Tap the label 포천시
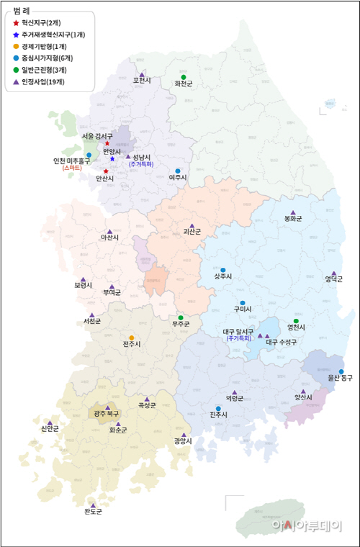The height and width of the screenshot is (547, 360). tap(142, 81)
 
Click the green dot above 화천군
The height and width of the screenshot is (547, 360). tap(184, 77)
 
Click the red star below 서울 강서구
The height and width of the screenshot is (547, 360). tap(107, 143)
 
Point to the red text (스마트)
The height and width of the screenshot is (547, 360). tap(72, 167)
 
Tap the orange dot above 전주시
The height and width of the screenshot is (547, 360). tap(131, 338)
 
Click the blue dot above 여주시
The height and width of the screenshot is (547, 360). tap(178, 171)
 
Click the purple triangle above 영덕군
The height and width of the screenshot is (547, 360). tap(333, 273)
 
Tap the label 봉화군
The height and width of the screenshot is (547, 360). tap(293, 218)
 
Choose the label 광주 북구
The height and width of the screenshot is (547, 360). tap(107, 414)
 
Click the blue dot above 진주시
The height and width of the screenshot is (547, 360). tap(218, 409)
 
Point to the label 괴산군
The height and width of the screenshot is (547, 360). tap(192, 232)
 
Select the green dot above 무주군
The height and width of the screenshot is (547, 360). tap(181, 317)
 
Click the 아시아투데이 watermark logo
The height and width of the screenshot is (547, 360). tap(306, 525)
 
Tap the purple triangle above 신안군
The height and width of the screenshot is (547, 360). tap(50, 423)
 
